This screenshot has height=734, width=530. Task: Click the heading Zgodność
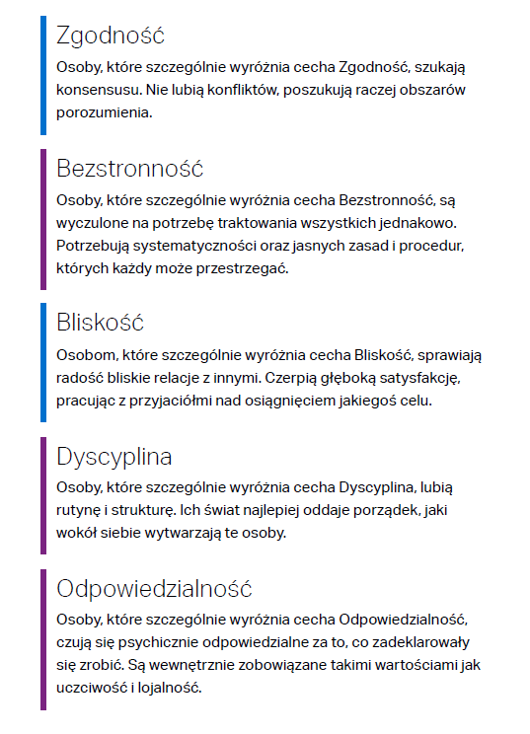(x=111, y=36)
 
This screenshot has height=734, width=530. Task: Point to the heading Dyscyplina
(x=114, y=457)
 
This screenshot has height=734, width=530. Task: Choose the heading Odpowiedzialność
(x=155, y=589)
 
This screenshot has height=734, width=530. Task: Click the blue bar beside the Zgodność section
(x=43, y=74)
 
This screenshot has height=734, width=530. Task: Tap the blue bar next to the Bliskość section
(x=43, y=362)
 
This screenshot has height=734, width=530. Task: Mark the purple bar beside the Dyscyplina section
(x=43, y=495)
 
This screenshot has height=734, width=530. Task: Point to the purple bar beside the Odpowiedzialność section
(x=43, y=639)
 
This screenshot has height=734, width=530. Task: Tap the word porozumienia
(x=105, y=112)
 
